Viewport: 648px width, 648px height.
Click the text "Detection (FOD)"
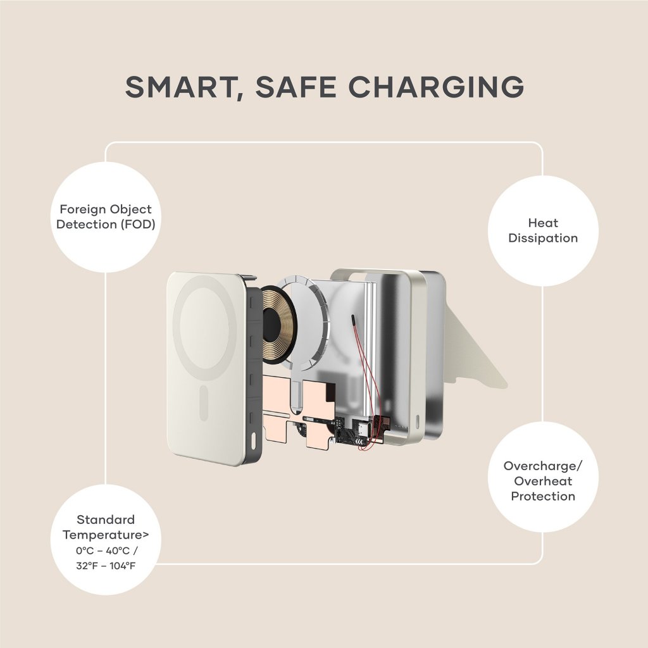tap(106, 225)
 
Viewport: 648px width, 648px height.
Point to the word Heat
tap(543, 223)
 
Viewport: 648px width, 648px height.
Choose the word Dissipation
tap(543, 239)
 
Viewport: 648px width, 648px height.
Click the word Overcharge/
tap(543, 466)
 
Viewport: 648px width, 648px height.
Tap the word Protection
tap(543, 496)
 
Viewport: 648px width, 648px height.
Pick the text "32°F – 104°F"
tap(106, 566)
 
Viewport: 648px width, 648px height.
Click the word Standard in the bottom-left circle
tap(106, 520)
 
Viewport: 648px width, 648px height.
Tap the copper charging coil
tap(278, 325)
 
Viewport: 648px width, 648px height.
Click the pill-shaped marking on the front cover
tap(204, 403)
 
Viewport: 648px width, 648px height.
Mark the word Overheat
tap(543, 482)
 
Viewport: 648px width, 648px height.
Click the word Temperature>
tap(106, 535)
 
